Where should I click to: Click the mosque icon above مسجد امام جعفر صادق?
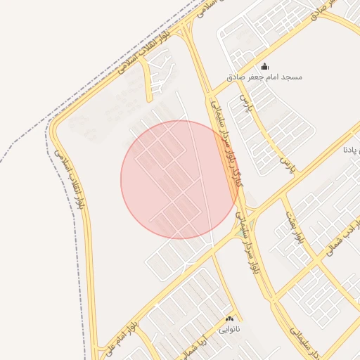(x=264, y=67)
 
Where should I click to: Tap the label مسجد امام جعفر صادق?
(x=264, y=77)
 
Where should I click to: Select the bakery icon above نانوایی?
(x=230, y=319)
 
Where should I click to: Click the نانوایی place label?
(x=230, y=328)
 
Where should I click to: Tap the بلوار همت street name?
(x=295, y=225)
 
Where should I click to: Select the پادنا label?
(x=352, y=150)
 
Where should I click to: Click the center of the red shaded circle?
(x=180, y=180)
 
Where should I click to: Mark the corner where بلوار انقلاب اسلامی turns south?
(x=56, y=127)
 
